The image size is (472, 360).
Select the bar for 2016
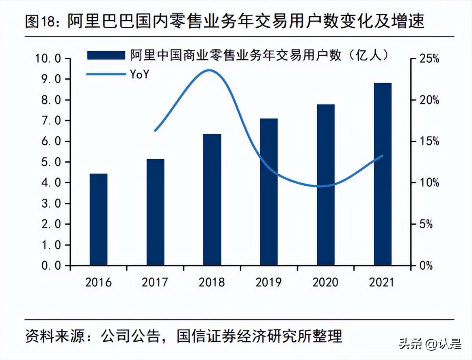coord(98,219)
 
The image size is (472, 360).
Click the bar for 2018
coord(212,200)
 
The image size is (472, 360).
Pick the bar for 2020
coord(326,185)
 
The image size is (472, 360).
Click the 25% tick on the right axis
coord(429,59)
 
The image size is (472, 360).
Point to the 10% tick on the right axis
coord(429,183)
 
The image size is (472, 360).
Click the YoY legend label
coord(139,74)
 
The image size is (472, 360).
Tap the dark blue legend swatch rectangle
coord(106,56)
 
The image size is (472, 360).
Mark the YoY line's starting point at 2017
coord(155,131)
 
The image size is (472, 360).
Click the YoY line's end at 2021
coord(382,156)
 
